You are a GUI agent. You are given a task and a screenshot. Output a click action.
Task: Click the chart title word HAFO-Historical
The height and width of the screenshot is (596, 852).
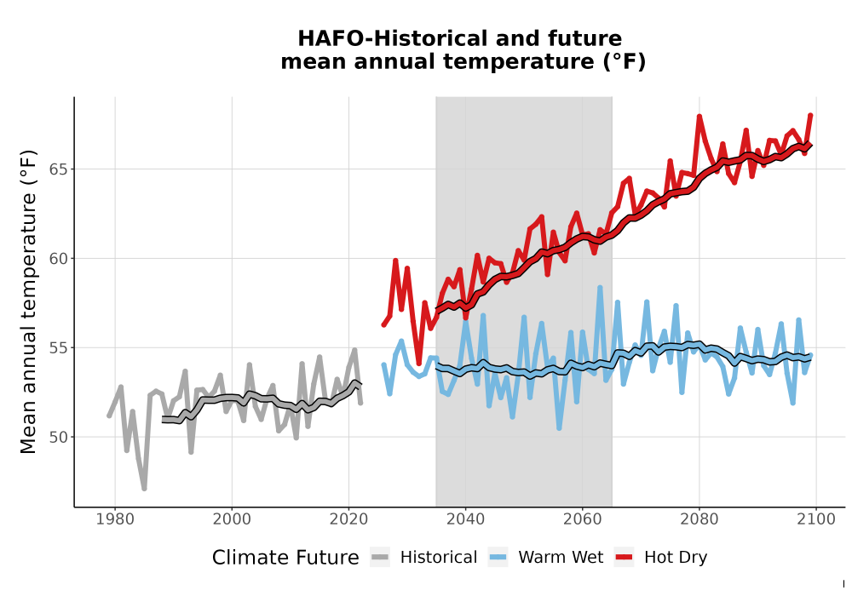click(386, 39)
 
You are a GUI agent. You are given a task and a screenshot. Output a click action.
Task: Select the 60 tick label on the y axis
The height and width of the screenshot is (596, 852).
click(59, 258)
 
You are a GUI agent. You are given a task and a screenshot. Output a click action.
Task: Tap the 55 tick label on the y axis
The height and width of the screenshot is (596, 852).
click(59, 347)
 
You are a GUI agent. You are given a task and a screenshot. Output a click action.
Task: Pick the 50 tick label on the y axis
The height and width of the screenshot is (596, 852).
click(59, 437)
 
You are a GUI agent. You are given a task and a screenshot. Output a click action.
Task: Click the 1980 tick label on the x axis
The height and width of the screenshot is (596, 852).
click(115, 519)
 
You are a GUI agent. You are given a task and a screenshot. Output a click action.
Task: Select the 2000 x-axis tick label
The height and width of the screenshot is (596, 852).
click(232, 519)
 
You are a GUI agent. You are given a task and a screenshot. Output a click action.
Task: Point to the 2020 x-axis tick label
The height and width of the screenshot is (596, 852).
click(348, 519)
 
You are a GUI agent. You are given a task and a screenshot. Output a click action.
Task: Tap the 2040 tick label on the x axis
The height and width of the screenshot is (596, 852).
click(466, 519)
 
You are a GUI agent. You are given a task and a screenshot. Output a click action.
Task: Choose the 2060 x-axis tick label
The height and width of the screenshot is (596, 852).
click(583, 519)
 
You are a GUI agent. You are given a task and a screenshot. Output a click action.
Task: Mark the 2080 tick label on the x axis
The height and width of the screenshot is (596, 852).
click(699, 519)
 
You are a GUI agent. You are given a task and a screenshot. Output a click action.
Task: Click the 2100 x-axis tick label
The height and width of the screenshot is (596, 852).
click(816, 519)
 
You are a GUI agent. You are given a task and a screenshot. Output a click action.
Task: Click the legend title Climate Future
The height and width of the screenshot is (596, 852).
click(285, 558)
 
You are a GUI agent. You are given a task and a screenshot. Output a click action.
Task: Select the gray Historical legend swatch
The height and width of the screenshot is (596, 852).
click(380, 557)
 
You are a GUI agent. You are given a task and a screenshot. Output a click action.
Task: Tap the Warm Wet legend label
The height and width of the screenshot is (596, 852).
click(561, 558)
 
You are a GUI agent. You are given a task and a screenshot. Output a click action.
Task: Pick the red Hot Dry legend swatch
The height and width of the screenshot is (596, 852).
click(625, 557)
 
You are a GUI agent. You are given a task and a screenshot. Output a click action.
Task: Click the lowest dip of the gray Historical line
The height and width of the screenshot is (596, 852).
click(144, 489)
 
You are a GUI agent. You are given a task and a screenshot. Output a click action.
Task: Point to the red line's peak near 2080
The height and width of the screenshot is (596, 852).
click(699, 116)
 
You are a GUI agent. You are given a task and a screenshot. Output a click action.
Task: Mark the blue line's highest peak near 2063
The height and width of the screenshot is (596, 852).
click(600, 287)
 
